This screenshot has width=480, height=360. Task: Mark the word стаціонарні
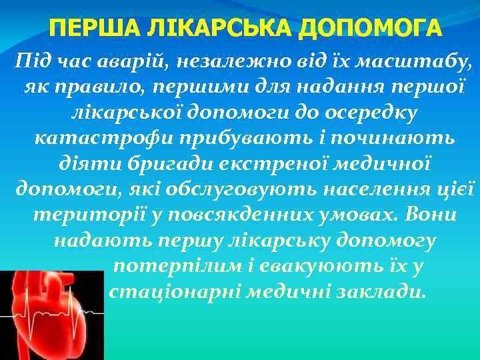pyautogui.click(x=173, y=293)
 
